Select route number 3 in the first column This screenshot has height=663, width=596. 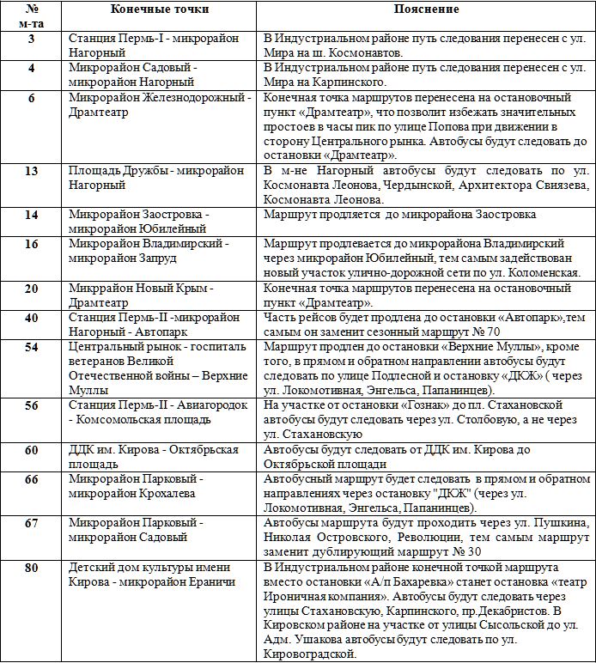(32, 40)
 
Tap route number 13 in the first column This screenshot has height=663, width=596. (32, 171)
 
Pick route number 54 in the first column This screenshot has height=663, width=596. (32, 346)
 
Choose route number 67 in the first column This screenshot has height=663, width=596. (32, 523)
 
